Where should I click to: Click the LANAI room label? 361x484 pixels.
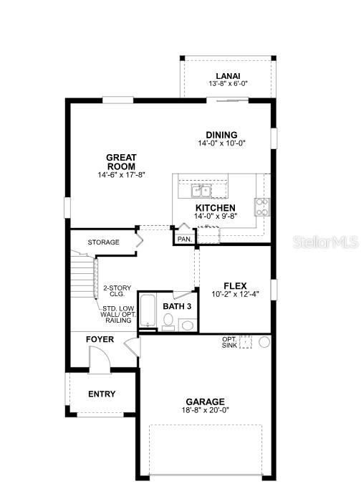228,76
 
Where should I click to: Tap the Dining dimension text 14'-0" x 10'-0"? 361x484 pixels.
221,143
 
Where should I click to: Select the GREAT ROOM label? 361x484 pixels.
121,162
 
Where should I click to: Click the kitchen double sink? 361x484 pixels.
201,191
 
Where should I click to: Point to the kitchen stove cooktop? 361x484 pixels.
262,207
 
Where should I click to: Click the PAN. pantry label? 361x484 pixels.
185,239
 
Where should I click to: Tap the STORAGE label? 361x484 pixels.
103,242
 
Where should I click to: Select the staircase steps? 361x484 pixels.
82,275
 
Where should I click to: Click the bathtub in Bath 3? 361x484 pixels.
147,310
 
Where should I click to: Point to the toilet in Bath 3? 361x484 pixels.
168,321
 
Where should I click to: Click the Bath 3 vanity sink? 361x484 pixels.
187,325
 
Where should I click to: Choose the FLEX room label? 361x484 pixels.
235,286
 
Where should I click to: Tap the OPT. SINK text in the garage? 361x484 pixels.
230,342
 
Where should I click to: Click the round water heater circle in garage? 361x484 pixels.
264,342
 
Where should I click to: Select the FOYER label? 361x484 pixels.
100,340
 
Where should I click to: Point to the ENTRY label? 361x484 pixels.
102,394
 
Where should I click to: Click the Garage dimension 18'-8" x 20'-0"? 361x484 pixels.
206,410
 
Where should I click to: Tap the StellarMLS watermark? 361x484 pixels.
326,242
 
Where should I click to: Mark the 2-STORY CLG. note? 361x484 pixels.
117,291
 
